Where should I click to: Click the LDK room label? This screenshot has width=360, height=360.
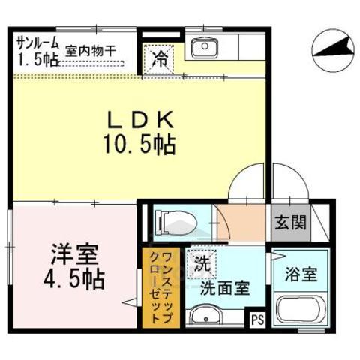[144, 118]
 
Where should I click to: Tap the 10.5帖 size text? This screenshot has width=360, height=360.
[144, 142]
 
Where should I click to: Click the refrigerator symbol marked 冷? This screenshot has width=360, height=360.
[161, 56]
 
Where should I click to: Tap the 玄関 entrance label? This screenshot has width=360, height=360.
[289, 221]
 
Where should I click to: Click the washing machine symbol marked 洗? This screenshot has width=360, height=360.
[202, 263]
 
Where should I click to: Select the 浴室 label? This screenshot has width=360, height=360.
[301, 274]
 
